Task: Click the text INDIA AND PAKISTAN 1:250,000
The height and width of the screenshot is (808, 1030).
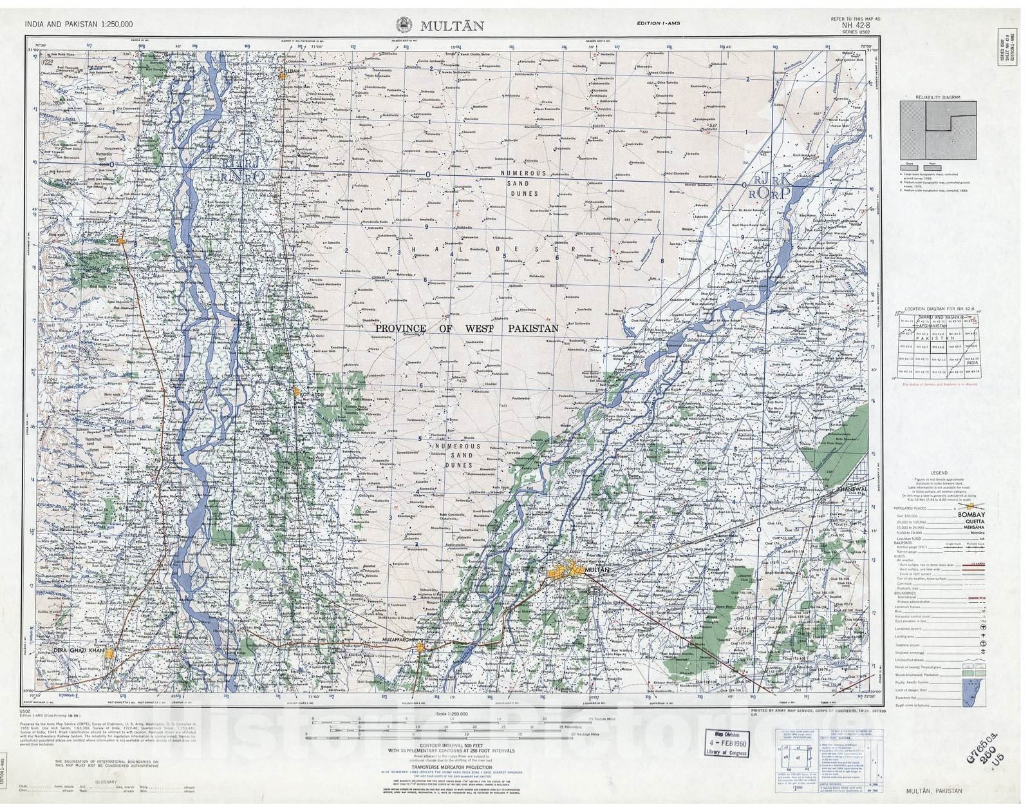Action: (x=79, y=24)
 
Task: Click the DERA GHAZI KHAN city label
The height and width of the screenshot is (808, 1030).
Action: (x=79, y=651)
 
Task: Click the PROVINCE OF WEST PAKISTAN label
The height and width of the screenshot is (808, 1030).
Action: (x=467, y=328)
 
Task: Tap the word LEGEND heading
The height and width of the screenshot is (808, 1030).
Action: (x=938, y=472)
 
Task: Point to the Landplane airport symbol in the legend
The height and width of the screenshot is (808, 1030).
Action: (x=982, y=626)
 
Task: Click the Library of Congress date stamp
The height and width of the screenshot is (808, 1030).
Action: (x=728, y=744)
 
